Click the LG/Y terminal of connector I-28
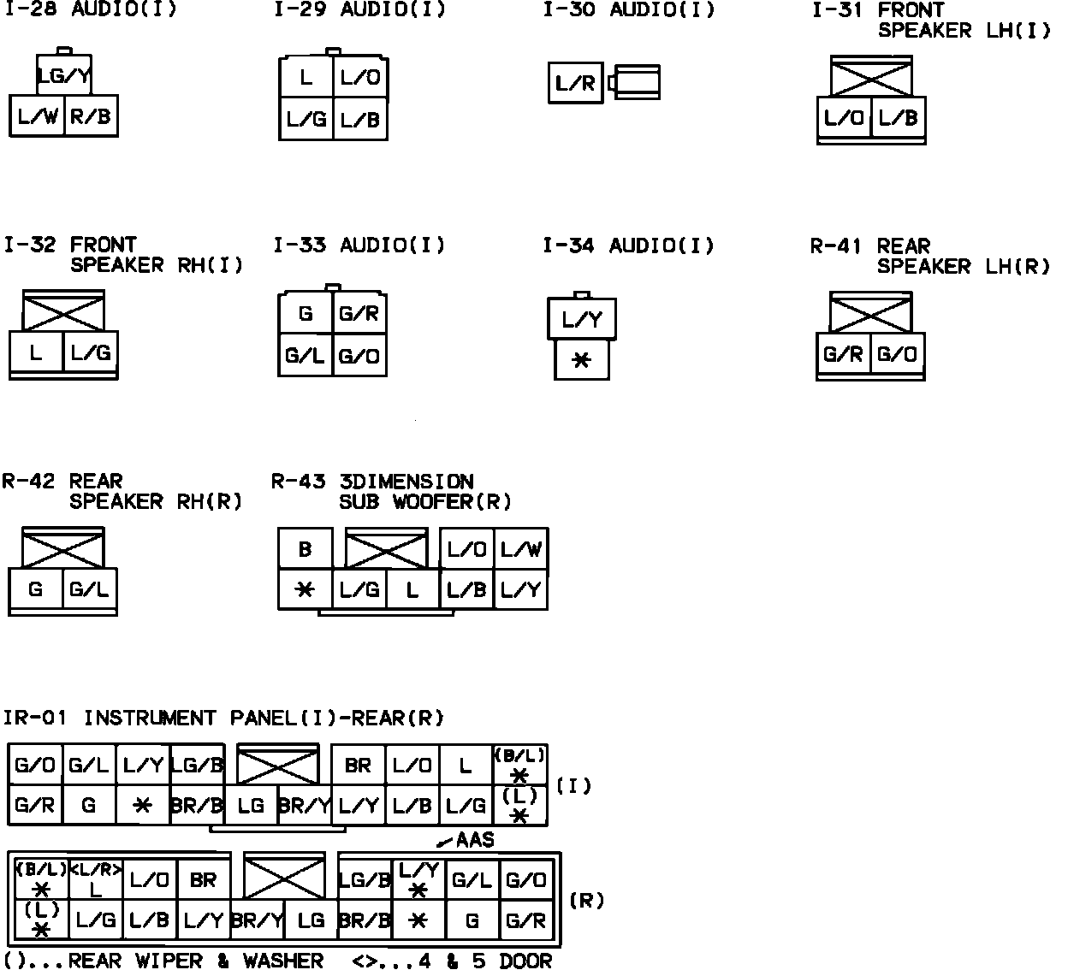[64, 76]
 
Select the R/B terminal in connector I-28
[91, 116]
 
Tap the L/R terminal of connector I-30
[575, 83]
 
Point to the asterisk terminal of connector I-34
[581, 360]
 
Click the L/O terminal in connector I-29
[359, 78]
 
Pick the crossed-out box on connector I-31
[871, 78]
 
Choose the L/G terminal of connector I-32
[91, 352]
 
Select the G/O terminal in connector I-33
[359, 355]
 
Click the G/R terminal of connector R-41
[843, 353]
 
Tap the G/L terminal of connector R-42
[89, 589]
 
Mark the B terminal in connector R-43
[305, 548]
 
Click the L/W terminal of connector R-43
[520, 548]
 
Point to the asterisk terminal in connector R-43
[305, 589]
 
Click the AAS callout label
[475, 840]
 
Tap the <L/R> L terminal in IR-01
[96, 879]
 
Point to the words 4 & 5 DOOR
[484, 961]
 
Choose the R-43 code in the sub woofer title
[298, 482]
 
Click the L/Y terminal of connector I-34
[582, 320]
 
